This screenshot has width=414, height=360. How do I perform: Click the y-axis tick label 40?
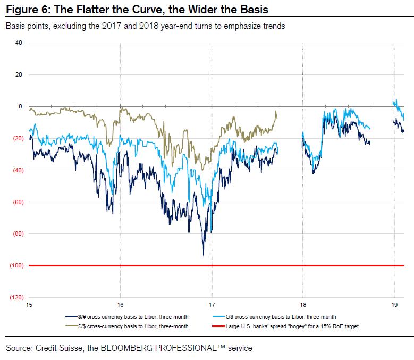click(x=19, y=43)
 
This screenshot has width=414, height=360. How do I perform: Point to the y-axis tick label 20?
click(x=19, y=74)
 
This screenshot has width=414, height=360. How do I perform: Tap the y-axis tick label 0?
click(x=20, y=106)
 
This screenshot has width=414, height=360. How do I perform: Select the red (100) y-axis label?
click(x=16, y=265)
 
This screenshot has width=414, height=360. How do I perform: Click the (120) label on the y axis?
click(x=16, y=297)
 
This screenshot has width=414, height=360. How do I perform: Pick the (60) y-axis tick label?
click(x=17, y=202)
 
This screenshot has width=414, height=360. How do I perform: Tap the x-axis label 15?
click(x=29, y=305)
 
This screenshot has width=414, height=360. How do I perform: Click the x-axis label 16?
click(x=120, y=305)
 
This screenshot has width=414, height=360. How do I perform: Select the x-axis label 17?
click(x=212, y=305)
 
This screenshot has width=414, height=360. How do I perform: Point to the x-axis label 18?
click(x=302, y=305)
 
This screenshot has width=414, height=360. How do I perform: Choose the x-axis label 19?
click(x=394, y=305)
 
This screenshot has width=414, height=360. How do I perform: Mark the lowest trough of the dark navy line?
click(x=203, y=256)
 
